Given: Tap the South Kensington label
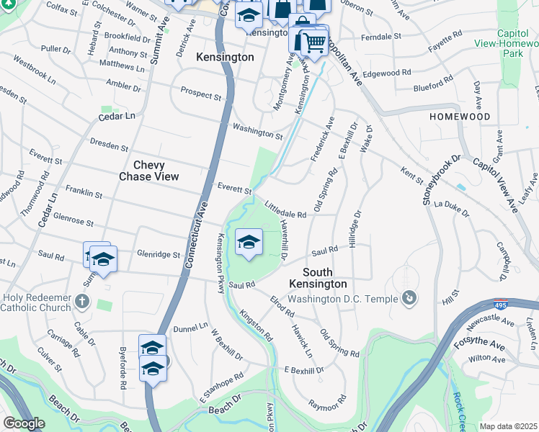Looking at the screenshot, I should (324, 278).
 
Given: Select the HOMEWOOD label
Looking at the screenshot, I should (460, 117).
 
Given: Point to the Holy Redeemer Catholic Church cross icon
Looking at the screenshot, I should (82, 301).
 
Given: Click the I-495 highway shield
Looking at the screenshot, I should (500, 305).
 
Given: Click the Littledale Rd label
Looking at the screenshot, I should (286, 210).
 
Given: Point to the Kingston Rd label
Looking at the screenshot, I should (257, 325).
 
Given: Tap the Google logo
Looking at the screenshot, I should (24, 423).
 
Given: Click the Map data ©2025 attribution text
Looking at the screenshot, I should (509, 426).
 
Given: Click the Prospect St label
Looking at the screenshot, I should (201, 94).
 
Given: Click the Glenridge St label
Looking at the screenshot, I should (158, 253).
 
